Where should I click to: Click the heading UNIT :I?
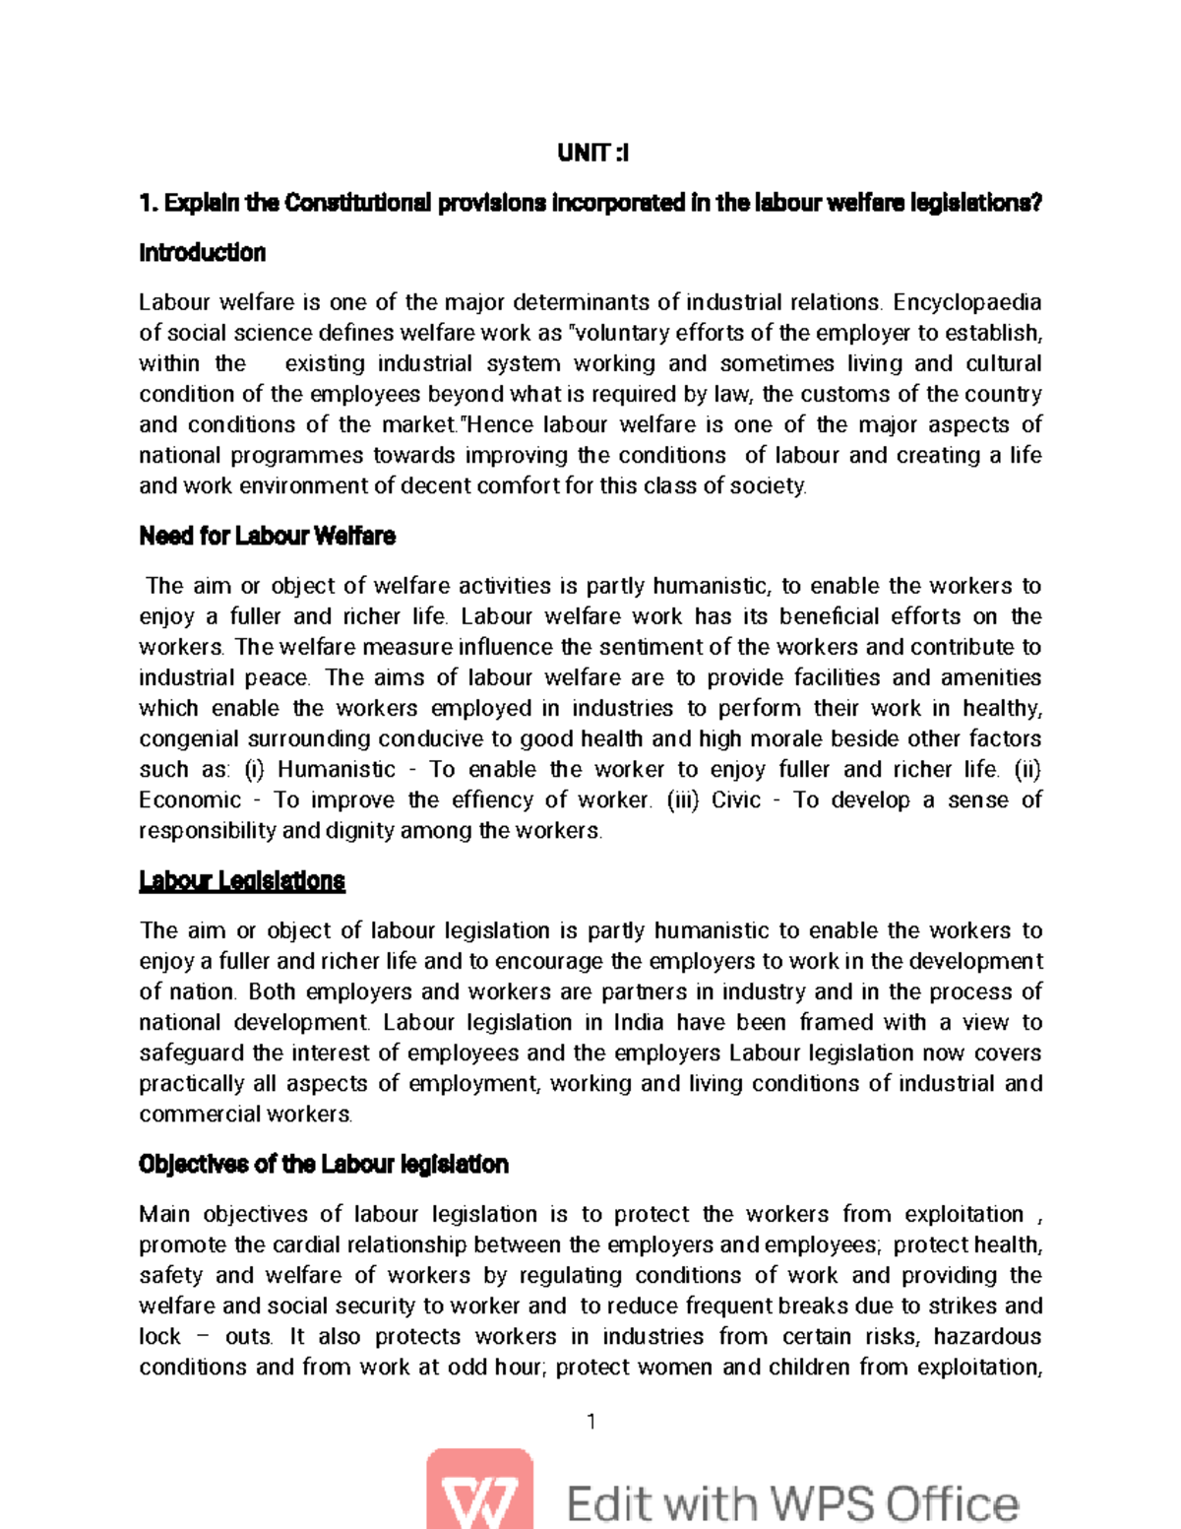592,154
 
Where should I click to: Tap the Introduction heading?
202,253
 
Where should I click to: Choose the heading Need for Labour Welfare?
267,537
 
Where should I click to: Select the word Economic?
190,800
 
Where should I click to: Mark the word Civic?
736,800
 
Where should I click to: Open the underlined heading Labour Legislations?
242,881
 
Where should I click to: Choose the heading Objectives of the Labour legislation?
324,1165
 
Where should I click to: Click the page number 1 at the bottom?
590,1421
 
